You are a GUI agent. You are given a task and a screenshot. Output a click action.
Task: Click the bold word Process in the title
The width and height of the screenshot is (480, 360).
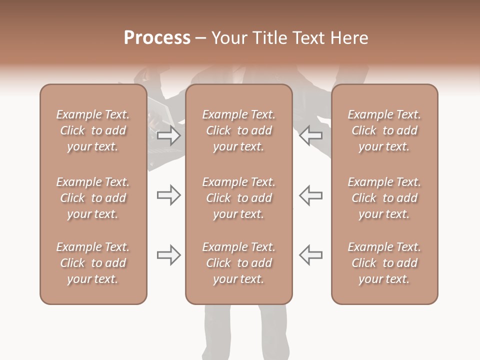(157, 38)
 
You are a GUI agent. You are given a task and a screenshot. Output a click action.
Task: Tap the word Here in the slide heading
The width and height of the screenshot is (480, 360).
(349, 38)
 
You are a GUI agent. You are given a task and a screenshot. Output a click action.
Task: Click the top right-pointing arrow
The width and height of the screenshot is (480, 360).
(168, 135)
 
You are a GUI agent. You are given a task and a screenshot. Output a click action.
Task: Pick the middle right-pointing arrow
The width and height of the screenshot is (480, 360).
(168, 195)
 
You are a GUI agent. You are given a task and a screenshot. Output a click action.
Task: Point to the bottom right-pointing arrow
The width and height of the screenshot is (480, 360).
(168, 255)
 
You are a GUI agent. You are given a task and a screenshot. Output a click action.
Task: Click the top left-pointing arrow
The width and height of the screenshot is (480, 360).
(310, 135)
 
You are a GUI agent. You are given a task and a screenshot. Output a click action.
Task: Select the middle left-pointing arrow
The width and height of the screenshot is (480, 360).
(310, 195)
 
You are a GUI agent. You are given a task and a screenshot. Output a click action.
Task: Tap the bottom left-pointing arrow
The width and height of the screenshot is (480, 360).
(310, 255)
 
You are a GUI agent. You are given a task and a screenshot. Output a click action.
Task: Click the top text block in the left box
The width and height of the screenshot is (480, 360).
(93, 130)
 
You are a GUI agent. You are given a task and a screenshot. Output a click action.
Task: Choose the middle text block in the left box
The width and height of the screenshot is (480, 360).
(93, 198)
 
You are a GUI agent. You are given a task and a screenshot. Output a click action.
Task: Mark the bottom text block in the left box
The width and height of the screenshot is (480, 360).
(93, 263)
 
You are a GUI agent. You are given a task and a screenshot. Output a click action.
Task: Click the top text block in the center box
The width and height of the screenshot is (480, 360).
(238, 130)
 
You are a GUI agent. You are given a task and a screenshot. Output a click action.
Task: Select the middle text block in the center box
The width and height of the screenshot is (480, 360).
(238, 198)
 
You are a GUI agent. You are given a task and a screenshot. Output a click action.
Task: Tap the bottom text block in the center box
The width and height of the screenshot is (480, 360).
(238, 263)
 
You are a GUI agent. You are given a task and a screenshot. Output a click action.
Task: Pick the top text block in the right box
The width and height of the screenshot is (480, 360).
(384, 130)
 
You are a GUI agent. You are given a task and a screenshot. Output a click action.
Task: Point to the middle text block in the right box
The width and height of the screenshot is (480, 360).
(384, 198)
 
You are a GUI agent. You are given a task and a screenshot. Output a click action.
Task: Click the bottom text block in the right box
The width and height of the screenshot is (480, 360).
(384, 263)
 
